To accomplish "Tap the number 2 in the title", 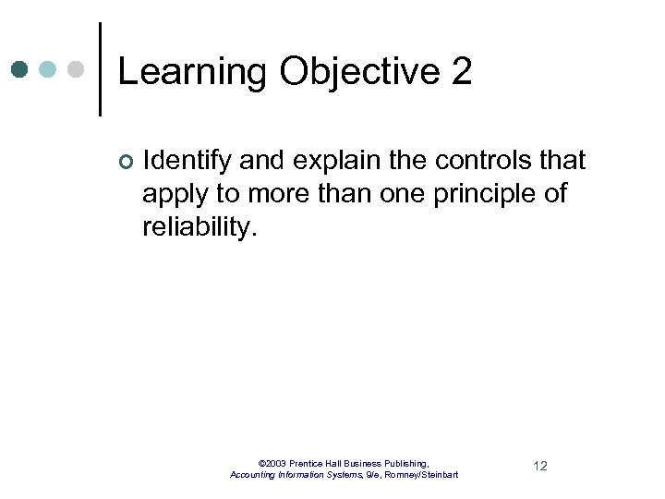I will [x=462, y=72].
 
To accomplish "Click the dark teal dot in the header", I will [x=20, y=69].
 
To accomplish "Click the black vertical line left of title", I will [x=100, y=69].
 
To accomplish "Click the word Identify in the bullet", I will [x=187, y=161].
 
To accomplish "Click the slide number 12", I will [x=540, y=466].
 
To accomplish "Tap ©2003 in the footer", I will [x=272, y=463].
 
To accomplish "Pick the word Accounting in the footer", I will [x=256, y=475].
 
